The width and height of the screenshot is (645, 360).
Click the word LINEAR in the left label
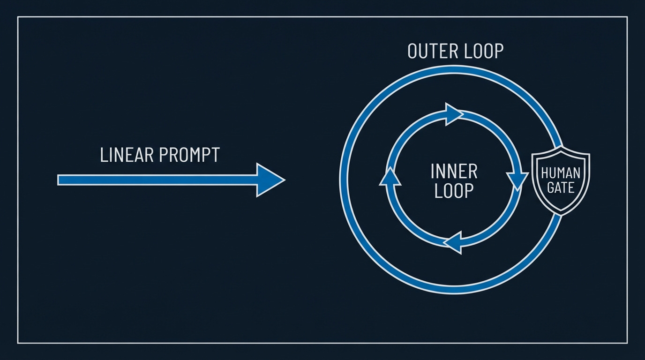tap(127, 155)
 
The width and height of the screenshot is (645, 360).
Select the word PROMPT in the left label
tap(189, 155)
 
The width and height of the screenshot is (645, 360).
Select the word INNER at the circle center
tap(454, 172)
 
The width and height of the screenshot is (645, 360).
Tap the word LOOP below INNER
tap(454, 190)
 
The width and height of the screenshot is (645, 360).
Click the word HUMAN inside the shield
tap(561, 173)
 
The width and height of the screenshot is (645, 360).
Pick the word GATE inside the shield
tap(561, 188)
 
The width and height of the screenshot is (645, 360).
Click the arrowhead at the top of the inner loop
tap(454, 114)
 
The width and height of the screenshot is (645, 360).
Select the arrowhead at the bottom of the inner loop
tap(453, 242)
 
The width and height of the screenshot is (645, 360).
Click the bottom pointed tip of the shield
tap(561, 215)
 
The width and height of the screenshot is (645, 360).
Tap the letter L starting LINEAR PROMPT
tap(104, 155)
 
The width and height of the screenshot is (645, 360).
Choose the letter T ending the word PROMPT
tap(215, 155)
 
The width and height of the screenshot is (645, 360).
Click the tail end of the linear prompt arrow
tap(58, 180)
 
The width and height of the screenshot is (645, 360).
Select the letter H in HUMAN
tap(545, 173)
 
